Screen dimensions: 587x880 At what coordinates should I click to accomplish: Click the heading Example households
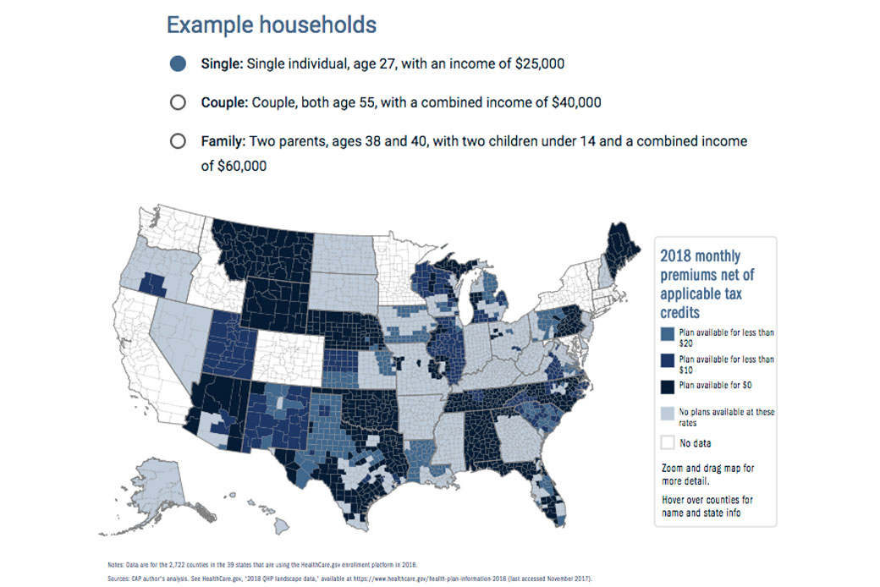pos(271,25)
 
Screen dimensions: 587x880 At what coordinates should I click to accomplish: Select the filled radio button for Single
pos(178,63)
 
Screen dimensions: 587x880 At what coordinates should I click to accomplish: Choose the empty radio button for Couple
pos(178,102)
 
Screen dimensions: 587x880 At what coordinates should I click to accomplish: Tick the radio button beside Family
pos(178,141)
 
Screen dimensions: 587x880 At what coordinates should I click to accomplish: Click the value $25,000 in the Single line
pos(535,63)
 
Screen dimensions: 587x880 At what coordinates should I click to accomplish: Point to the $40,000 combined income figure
pos(575,102)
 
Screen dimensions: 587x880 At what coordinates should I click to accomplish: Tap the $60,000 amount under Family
pos(234,166)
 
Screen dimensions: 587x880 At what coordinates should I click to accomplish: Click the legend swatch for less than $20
pos(668,337)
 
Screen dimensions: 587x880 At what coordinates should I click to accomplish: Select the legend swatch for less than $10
pos(668,364)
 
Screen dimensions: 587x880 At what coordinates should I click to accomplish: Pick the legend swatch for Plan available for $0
pos(668,385)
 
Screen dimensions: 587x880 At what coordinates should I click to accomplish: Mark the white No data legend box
pos(668,442)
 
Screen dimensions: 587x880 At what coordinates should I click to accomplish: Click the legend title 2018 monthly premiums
pos(706,283)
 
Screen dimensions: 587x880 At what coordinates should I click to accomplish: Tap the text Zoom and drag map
pos(707,474)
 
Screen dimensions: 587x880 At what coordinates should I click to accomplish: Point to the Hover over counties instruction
pos(707,506)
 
